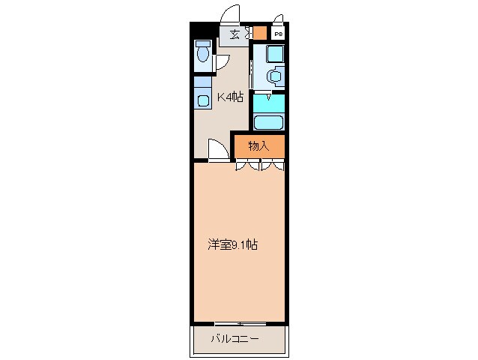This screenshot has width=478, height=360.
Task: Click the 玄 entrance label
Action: [x=235, y=34]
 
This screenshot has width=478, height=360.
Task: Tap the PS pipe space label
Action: [x=278, y=34]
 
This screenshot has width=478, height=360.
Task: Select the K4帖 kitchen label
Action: [x=230, y=97]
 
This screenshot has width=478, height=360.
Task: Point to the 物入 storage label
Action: [x=258, y=146]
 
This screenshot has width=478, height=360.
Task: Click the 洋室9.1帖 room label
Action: [x=232, y=244]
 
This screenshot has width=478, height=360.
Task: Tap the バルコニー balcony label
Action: [x=235, y=339]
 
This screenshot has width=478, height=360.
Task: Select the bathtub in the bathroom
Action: [x=269, y=122]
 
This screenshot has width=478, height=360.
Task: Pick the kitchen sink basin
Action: [x=203, y=100]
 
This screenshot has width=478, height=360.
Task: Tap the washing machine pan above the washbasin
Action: [x=276, y=54]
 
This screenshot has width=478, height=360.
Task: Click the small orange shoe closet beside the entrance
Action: [x=260, y=33]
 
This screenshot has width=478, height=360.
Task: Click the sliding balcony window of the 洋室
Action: [x=240, y=324]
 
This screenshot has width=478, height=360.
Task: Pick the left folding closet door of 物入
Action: [x=247, y=164]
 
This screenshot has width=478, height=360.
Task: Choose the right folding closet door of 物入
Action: [x=272, y=164]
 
